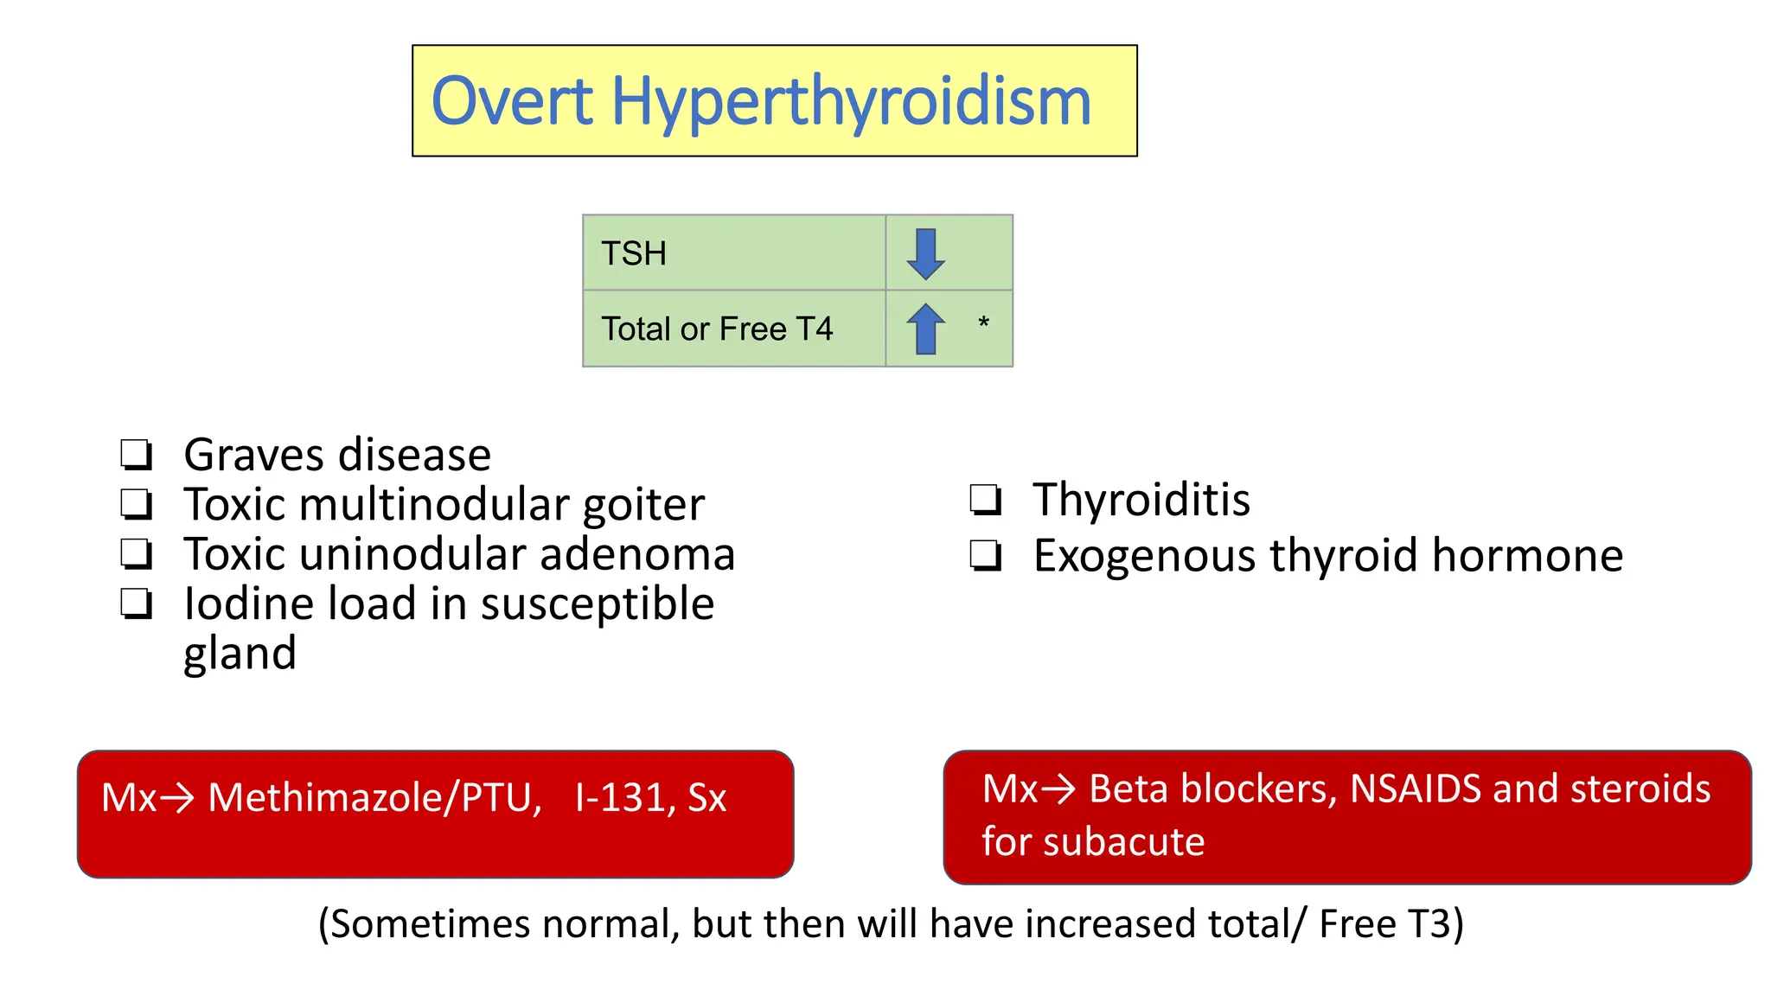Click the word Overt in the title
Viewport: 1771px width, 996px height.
512,102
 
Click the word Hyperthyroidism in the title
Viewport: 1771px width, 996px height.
851,102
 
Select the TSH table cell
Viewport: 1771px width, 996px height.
733,253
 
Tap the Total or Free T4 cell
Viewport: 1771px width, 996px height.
733,329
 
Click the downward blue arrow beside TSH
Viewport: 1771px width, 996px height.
925,254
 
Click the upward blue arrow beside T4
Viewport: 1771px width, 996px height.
925,329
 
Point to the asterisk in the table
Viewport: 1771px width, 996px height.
983,323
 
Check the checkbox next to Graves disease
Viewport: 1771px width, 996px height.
137,454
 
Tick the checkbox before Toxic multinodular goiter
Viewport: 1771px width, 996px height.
137,503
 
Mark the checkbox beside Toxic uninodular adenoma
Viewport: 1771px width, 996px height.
137,553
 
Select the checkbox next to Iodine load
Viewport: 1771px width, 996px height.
137,603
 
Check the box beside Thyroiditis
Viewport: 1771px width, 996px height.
986,500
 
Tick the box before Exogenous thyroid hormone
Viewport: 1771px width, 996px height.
986,555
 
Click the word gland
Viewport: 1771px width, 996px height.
240,654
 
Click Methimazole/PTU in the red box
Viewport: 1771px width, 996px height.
374,797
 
